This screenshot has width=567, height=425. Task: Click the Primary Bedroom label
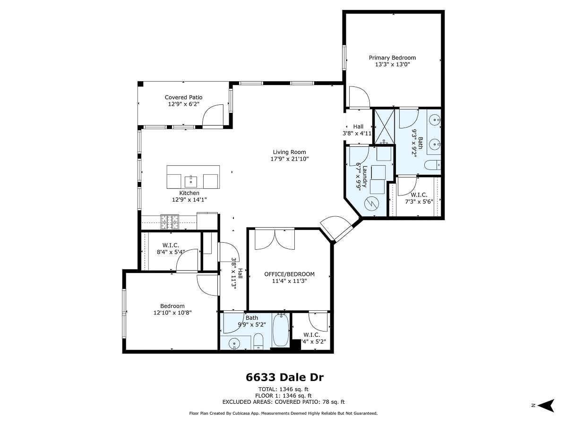(x=392, y=58)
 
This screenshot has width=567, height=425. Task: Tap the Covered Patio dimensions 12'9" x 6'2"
(x=184, y=104)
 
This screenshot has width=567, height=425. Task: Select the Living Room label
(x=289, y=152)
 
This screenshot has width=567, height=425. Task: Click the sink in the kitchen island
(x=191, y=181)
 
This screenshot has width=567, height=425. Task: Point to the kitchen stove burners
(x=170, y=221)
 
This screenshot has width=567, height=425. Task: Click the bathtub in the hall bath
(x=281, y=330)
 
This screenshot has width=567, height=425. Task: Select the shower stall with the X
(x=384, y=127)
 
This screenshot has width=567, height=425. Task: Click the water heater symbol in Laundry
(x=371, y=204)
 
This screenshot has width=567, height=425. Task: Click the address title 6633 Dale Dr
(x=284, y=377)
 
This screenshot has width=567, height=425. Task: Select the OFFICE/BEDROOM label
(x=289, y=274)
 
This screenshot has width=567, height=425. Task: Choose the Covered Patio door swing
(x=213, y=115)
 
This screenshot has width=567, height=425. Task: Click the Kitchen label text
(x=189, y=193)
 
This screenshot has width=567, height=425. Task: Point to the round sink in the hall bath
(x=234, y=343)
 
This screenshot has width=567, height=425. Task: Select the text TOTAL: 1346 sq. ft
(x=283, y=389)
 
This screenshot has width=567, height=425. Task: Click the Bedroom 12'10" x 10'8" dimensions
(x=172, y=313)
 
